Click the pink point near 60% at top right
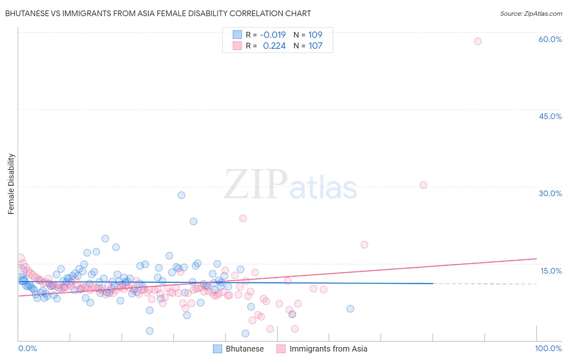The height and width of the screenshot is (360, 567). point(477,41)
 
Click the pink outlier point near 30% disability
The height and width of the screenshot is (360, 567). point(423,185)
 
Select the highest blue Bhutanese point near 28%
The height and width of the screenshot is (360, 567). point(181,195)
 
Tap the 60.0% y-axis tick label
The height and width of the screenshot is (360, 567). point(550,39)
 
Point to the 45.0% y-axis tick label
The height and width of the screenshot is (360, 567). point(550,116)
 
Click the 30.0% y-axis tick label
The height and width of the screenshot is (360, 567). point(550,193)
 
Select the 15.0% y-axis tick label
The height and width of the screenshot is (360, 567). point(551,271)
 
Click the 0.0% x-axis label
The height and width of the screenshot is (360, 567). point(27,349)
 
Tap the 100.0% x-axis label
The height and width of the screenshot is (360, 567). point(548,349)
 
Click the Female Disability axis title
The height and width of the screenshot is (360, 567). point(11,184)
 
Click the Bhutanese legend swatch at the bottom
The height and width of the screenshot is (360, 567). point(217,349)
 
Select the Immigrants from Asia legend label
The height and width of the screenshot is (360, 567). point(328,349)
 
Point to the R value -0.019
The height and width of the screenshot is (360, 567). point(273,35)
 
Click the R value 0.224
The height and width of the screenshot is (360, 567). point(274,46)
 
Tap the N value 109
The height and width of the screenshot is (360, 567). point(315,35)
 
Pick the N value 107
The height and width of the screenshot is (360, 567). point(315,46)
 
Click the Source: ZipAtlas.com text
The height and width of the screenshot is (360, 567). point(531,13)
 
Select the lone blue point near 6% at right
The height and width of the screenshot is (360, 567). point(350,309)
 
